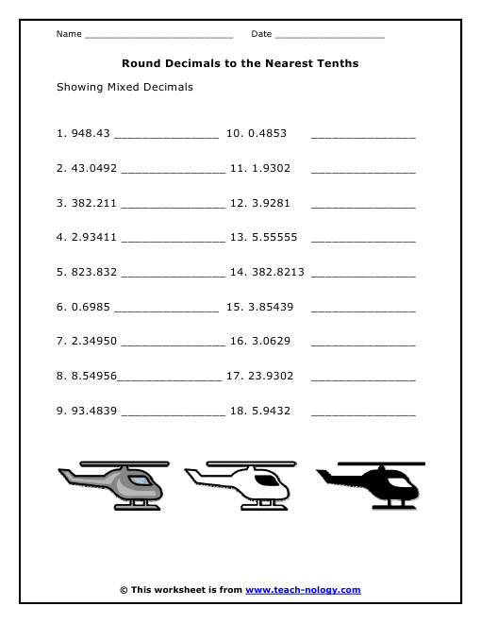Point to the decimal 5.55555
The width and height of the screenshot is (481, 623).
[274, 237]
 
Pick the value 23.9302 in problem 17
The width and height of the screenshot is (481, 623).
[274, 376]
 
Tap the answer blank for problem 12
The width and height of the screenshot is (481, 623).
[362, 205]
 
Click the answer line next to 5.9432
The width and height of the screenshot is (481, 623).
[362, 413]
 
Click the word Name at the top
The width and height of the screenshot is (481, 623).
[68, 34]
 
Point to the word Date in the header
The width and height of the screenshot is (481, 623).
[261, 34]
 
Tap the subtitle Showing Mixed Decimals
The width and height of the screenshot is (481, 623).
[124, 87]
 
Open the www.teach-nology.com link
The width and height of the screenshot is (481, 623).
[303, 590]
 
